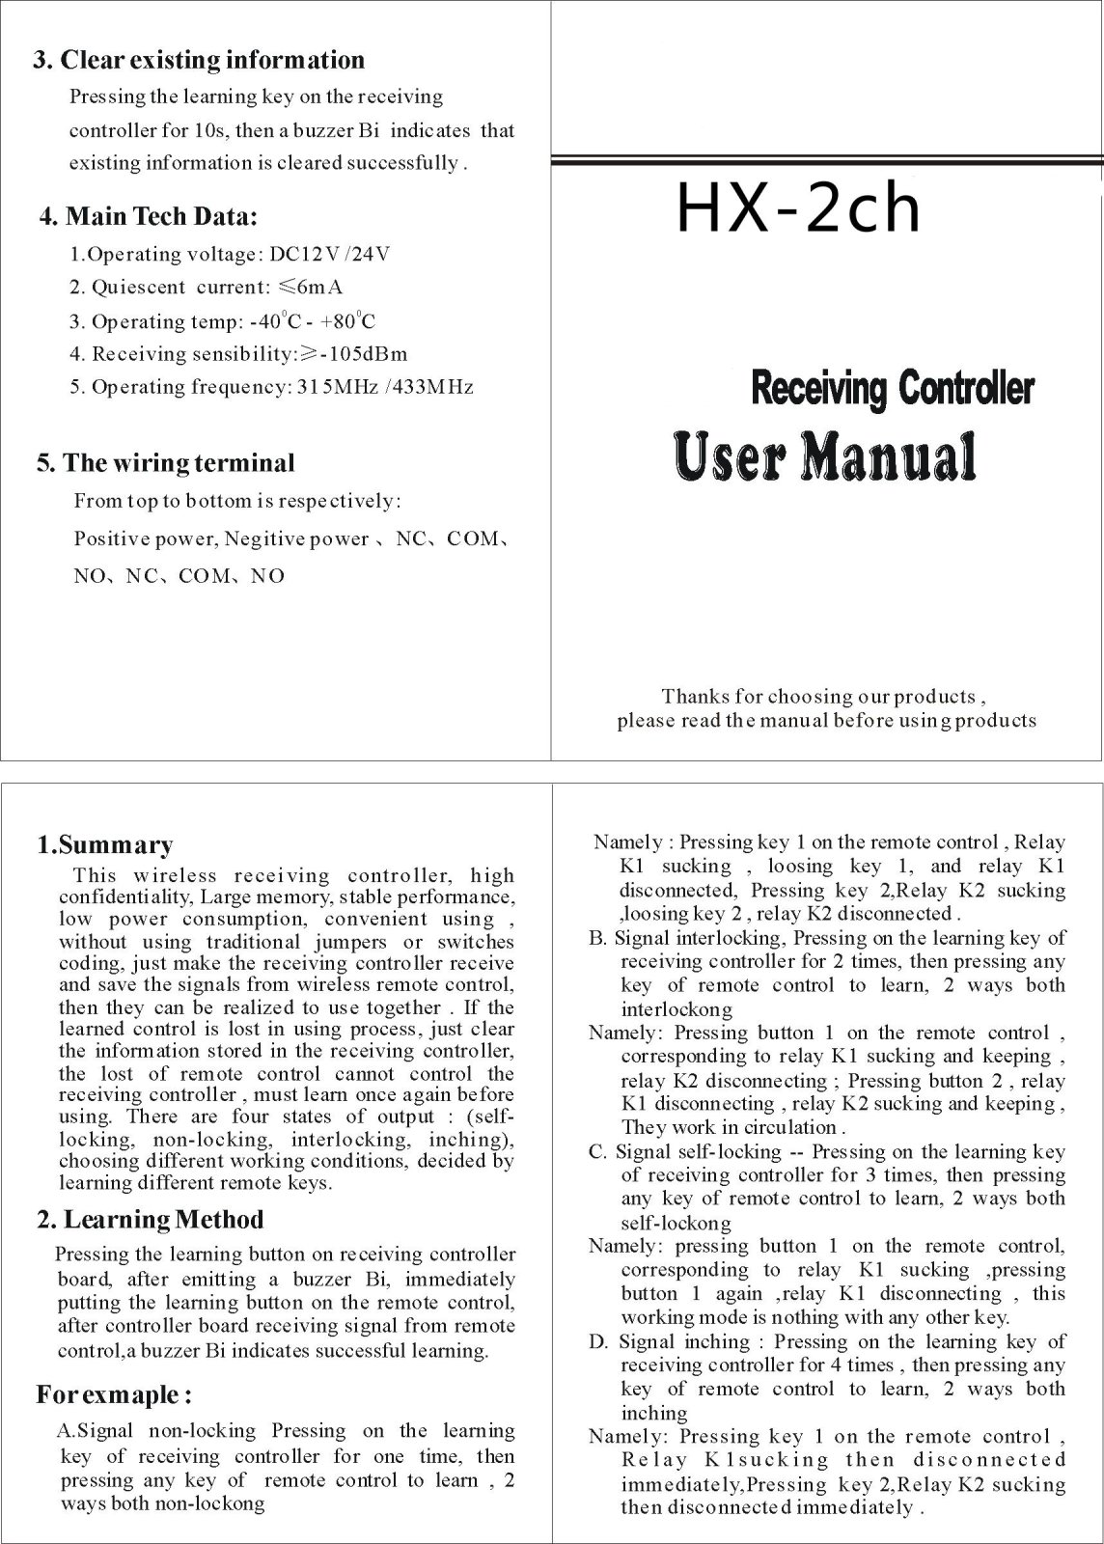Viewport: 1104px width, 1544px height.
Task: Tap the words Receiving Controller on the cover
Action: tap(891, 389)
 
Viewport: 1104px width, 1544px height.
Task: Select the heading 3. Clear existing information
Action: tap(199, 60)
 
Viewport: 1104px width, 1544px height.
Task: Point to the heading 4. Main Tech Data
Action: tap(148, 216)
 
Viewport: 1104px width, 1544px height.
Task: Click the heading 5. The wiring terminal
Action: tap(165, 463)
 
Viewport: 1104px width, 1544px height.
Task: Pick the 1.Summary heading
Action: tap(104, 845)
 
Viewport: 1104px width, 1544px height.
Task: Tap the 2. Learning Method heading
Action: tap(150, 1220)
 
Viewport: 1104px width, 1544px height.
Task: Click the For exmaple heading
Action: tap(114, 1395)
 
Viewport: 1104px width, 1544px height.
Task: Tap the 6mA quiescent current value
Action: tap(316, 288)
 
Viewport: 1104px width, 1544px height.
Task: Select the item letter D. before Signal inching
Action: tap(598, 1342)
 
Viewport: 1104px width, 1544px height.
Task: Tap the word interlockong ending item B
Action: tap(676, 1009)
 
